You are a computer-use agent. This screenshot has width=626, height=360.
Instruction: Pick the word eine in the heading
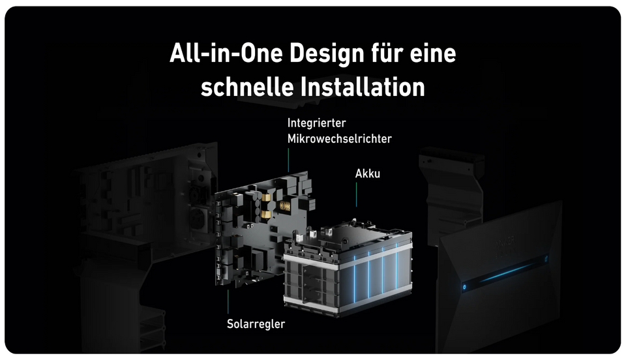point(426,54)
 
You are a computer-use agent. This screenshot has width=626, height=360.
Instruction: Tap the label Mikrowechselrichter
point(339,138)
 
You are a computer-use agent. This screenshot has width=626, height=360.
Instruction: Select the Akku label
point(368,174)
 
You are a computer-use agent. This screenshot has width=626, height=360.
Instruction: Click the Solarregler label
point(256,323)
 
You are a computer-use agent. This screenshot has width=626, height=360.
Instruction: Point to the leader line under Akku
point(356,194)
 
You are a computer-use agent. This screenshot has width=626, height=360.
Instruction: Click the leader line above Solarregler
point(228,301)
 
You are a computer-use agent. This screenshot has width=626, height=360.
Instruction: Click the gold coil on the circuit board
point(285,206)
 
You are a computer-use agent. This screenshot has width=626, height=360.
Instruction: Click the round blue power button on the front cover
point(462,285)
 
